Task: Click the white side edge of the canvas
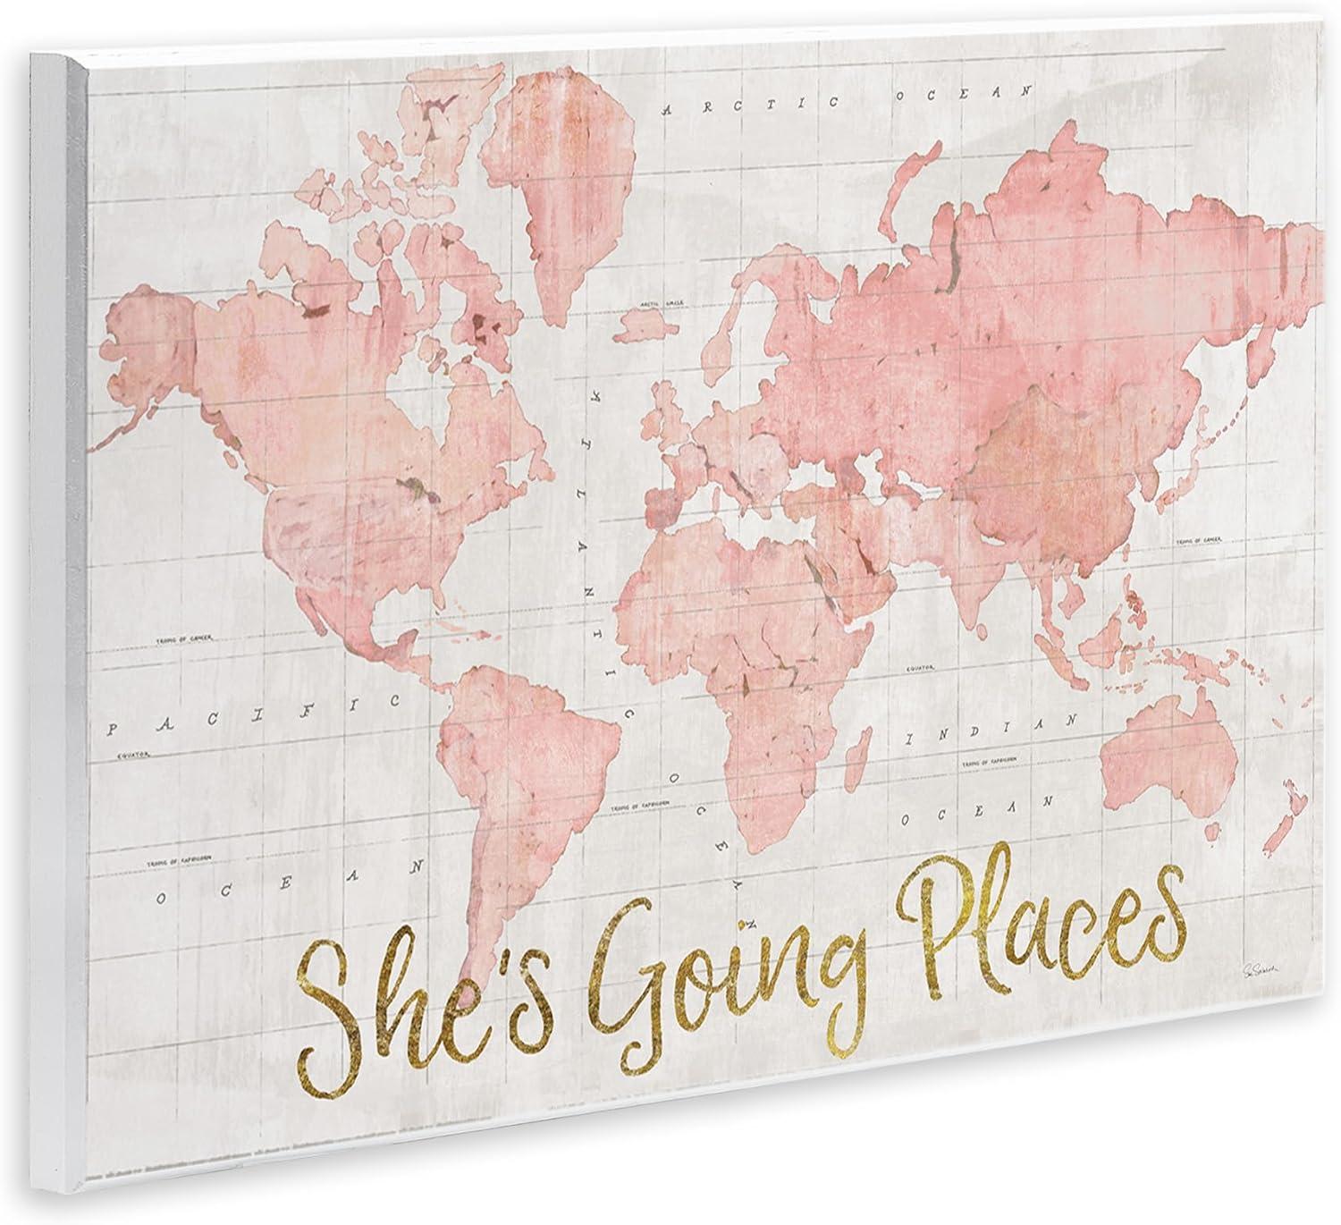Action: coord(57,626)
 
